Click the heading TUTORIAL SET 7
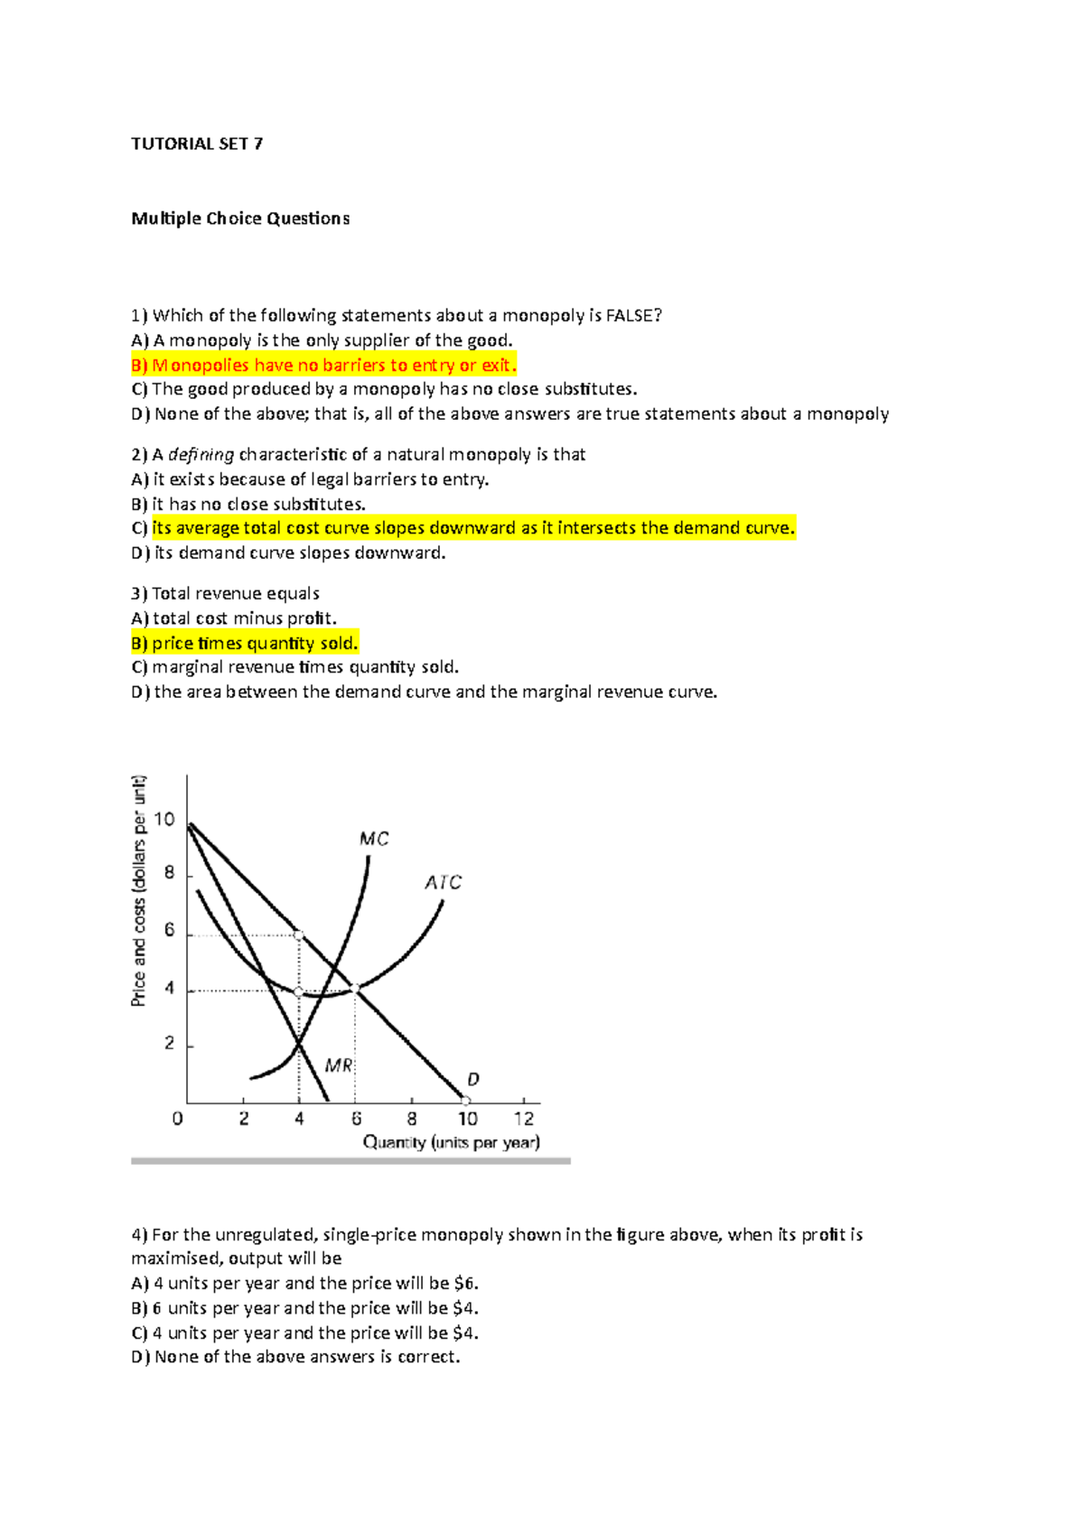197,144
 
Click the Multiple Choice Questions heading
240,218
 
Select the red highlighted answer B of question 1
323,365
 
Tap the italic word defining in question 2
201,454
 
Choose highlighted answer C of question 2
463,528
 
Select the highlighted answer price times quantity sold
245,643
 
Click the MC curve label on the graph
374,839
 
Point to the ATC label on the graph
443,882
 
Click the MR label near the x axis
339,1065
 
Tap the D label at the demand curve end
473,1079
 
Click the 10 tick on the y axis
164,820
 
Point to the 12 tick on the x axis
524,1119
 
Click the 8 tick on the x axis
412,1119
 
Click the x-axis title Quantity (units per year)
451,1142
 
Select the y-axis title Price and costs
138,890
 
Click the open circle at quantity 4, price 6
299,935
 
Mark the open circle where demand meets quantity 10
466,1101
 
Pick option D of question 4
295,1357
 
